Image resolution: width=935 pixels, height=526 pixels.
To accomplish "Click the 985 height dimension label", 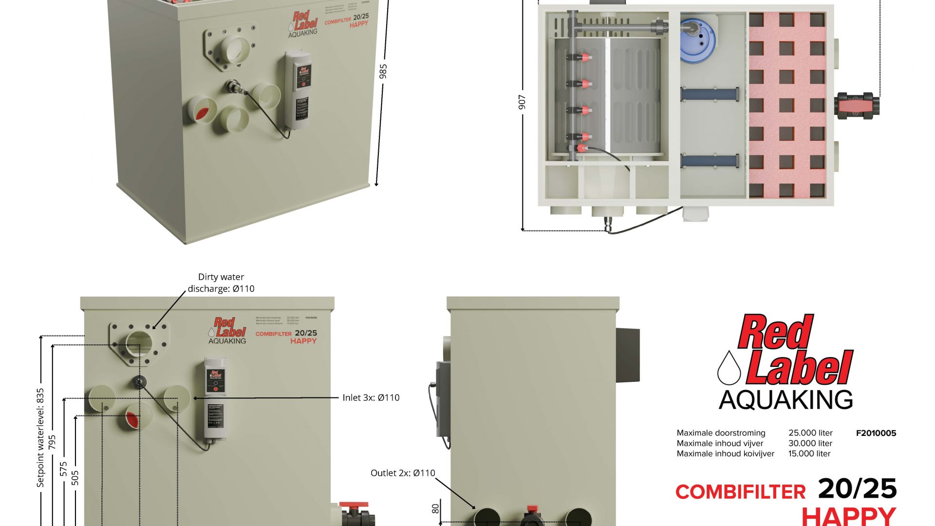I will [383, 71].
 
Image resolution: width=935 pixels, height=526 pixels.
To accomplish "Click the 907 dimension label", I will [522, 102].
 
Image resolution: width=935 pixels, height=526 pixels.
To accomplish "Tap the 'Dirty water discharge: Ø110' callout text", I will [221, 282].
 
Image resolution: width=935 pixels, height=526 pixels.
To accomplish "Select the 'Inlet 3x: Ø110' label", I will [371, 397].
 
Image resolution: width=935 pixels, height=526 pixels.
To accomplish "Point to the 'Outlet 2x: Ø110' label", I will [403, 472].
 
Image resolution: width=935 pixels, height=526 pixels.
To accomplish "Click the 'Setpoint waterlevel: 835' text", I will [40, 437].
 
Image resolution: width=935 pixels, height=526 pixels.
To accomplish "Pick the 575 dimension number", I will [64, 469].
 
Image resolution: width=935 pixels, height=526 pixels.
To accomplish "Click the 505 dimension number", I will [75, 478].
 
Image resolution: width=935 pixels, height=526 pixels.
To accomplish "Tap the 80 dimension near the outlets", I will [435, 508].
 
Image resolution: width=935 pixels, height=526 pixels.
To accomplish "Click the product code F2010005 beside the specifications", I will [876, 433].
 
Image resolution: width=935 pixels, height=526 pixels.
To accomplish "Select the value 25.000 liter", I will [810, 433].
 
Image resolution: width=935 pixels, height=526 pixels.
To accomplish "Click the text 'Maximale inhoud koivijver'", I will [725, 453].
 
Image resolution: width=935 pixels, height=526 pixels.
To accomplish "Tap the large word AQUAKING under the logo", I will [785, 400].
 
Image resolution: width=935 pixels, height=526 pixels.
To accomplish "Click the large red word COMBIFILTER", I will [740, 492].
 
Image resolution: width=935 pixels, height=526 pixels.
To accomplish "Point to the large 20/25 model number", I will [857, 488].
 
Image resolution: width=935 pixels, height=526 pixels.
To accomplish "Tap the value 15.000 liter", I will [809, 453].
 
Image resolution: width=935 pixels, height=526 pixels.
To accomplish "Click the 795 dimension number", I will [52, 442].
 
